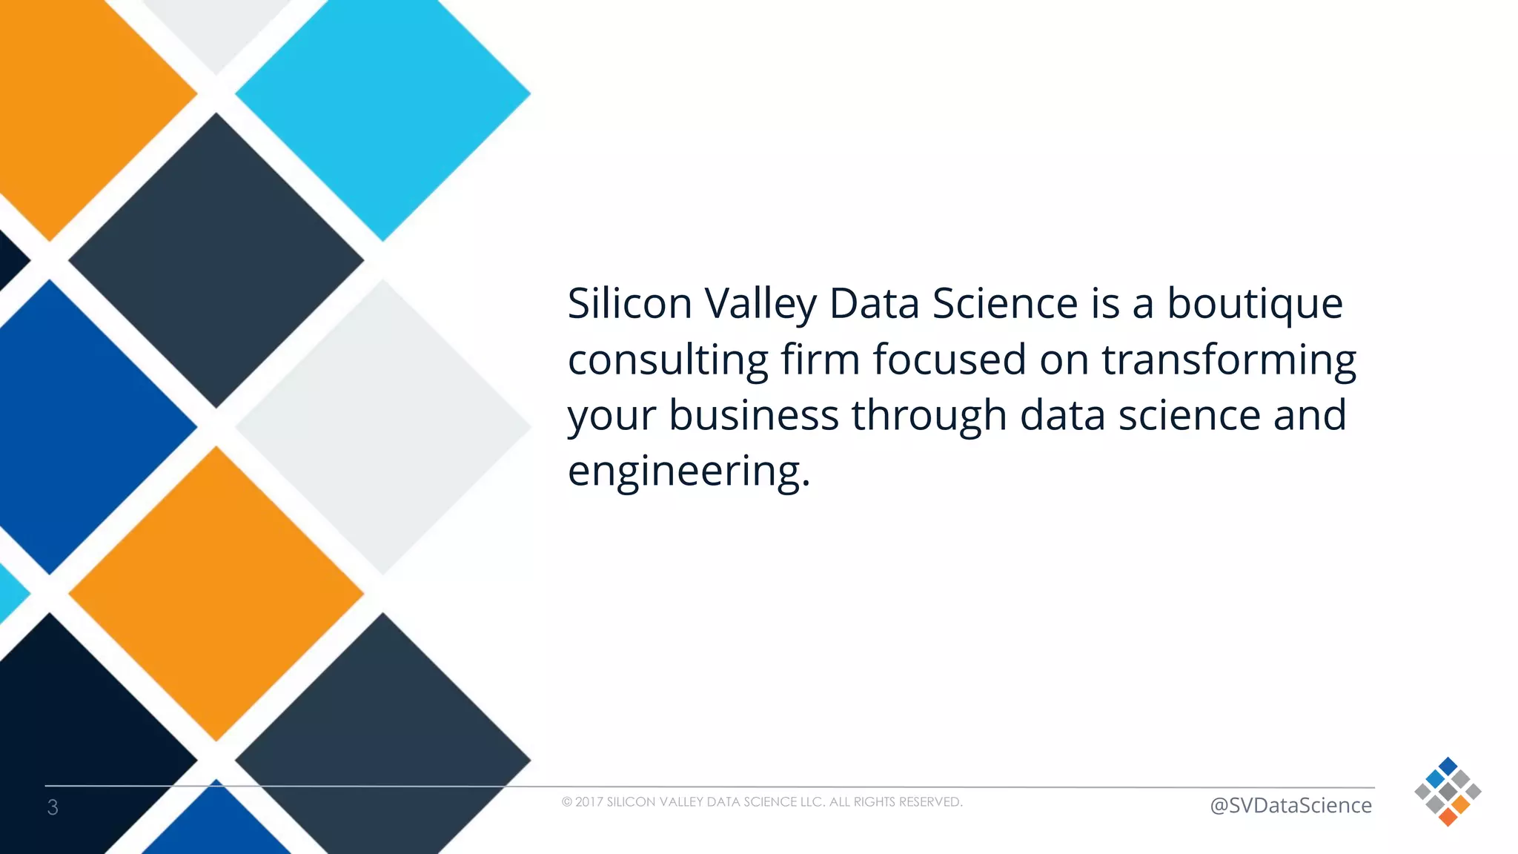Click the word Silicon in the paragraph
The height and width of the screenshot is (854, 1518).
tap(629, 303)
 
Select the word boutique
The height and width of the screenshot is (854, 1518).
tap(1254, 303)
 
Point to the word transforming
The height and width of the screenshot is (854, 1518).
tap(1228, 360)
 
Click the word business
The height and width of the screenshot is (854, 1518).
tap(753, 415)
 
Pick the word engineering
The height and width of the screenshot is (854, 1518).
tap(688, 471)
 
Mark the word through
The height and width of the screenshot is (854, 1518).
tap(929, 415)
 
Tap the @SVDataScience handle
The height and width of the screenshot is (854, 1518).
tap(1290, 805)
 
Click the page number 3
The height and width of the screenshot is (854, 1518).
tap(53, 807)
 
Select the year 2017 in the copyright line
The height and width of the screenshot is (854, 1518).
tap(589, 802)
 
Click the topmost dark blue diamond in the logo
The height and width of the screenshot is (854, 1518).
tap(1448, 767)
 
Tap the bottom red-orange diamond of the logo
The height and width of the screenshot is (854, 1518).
tap(1448, 817)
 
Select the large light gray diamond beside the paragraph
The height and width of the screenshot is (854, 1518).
tap(382, 427)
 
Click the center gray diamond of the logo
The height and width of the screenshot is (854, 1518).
tap(1448, 792)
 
